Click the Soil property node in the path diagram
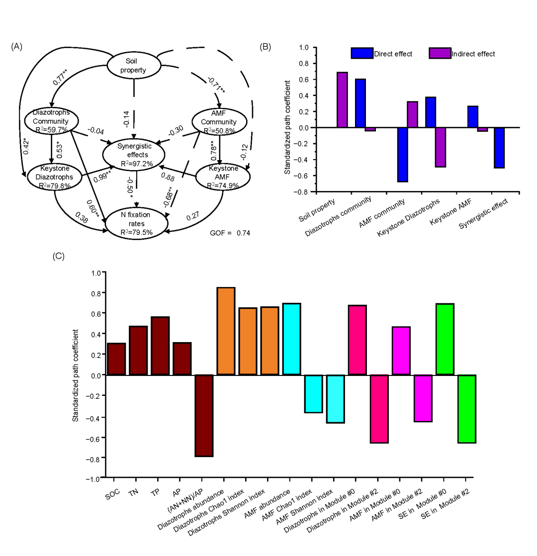(135, 65)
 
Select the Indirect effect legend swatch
(439, 53)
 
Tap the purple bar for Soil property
(342, 100)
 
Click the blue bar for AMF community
(402, 155)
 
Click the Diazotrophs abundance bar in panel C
(226, 331)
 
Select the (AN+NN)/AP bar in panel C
(204, 415)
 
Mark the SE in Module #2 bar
(466, 408)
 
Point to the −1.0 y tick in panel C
(94, 477)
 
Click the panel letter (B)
(266, 46)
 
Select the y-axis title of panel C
(76, 375)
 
